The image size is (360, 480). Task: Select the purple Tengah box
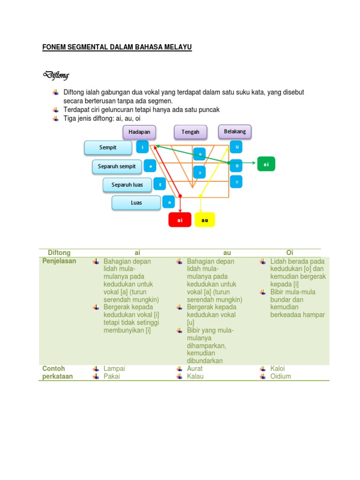pos(190,132)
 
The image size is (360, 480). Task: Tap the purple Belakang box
pos(235,132)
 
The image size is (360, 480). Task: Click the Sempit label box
pos(108,148)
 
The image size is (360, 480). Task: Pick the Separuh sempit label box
pos(117,166)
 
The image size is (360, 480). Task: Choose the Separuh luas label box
pos(127,185)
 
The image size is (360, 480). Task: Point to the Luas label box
pos(136,203)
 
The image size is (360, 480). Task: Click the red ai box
pos(180,220)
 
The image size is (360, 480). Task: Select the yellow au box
pos(204,220)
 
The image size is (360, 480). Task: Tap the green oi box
pos(266,164)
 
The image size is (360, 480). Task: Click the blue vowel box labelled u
pos(237,147)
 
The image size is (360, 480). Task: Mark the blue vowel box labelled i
pos(142,148)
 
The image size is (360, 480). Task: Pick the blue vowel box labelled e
pos(150,166)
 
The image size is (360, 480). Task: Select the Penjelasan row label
pos(59,261)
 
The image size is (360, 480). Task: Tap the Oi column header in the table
pos(290,253)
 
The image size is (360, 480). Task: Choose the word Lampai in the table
pos(114,368)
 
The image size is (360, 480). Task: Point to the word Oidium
pos(280,376)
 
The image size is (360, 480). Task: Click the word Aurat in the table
pos(195,368)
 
